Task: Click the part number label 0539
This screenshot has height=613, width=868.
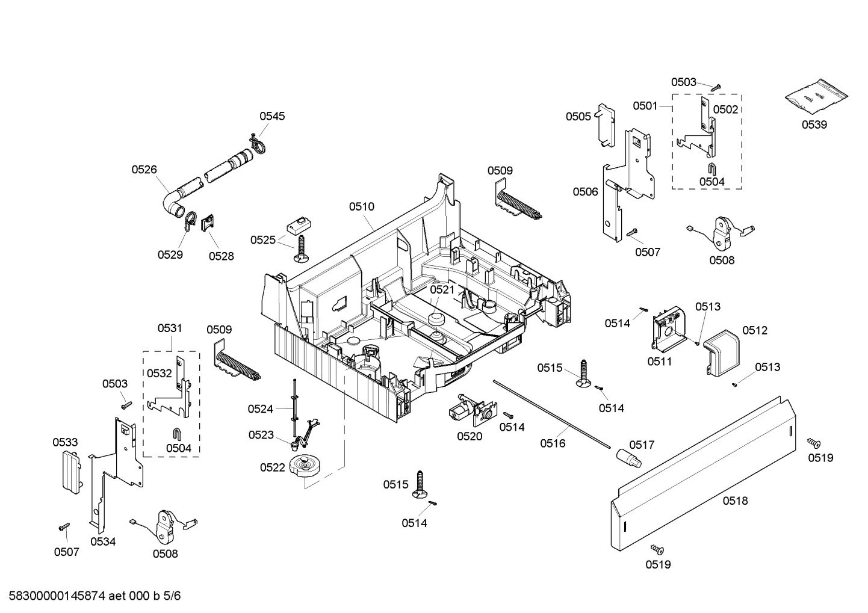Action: pos(814,125)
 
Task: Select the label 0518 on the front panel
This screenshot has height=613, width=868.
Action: pos(735,501)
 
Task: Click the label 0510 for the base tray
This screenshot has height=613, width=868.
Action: pos(361,206)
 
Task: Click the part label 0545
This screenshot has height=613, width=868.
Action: pos(272,116)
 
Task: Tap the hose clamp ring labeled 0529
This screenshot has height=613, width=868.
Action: pos(188,220)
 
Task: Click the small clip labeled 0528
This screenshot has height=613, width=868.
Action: pos(208,224)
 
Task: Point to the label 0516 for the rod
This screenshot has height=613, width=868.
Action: pos(553,443)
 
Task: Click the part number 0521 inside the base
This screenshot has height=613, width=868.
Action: pos(442,289)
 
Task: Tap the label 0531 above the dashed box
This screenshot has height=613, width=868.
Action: pos(170,328)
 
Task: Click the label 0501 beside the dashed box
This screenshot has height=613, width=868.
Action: pos(645,106)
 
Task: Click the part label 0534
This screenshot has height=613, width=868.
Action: pos(103,541)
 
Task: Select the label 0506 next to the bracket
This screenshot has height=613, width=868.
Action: pos(585,191)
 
